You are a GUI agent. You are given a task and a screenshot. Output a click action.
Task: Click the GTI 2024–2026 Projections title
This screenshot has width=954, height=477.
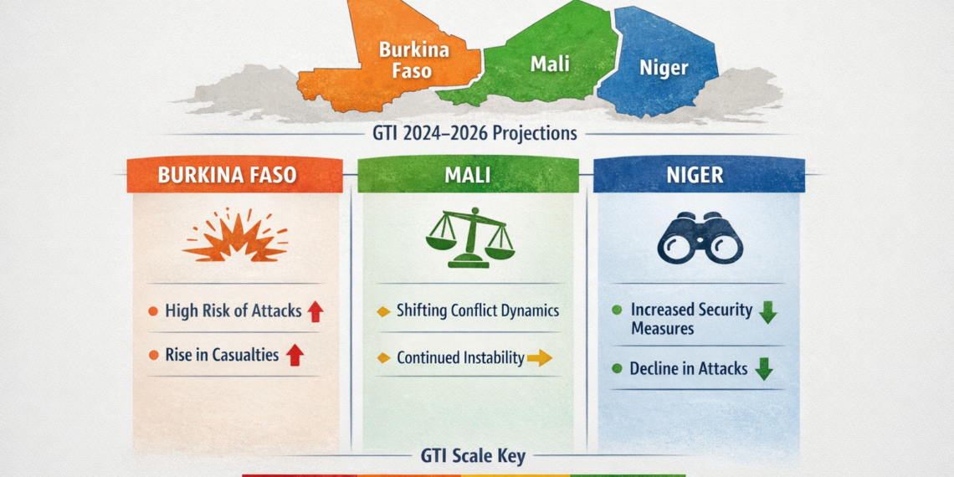476,133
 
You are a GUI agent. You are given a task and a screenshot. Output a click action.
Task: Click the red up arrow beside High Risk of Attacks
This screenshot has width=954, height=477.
315,312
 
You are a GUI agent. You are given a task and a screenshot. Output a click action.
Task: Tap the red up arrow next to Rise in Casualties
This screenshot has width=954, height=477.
294,356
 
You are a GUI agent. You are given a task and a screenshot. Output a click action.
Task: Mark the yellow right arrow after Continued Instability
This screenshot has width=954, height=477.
540,358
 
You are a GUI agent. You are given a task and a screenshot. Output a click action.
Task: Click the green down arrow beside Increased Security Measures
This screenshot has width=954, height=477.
767,312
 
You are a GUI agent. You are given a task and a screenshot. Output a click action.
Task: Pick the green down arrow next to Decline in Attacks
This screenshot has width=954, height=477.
763,369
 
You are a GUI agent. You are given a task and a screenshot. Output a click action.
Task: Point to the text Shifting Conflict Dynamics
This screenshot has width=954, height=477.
477,310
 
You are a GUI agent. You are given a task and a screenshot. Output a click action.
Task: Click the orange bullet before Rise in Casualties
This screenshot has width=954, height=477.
153,356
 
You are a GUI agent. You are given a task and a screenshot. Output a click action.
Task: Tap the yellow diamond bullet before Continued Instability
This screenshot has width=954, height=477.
384,358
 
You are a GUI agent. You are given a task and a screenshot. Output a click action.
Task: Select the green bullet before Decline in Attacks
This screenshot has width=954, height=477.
617,368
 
